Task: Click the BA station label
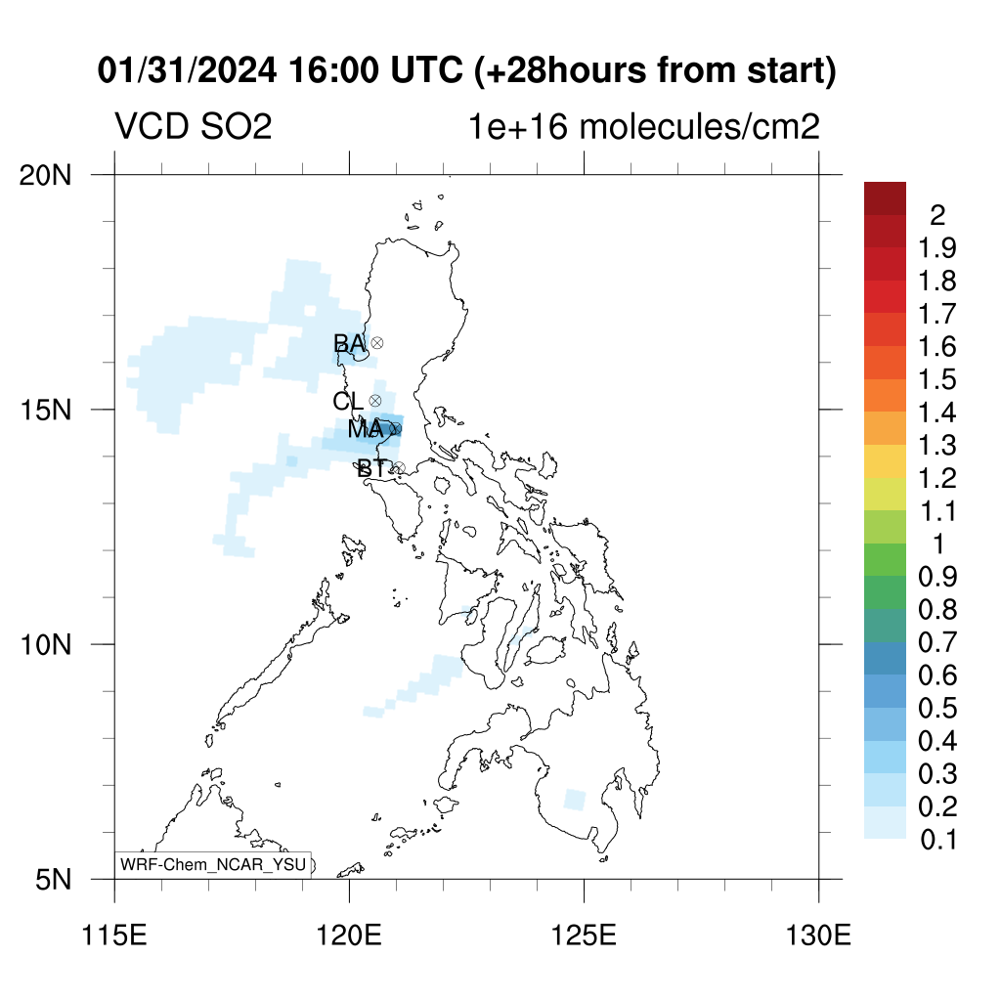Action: point(349,343)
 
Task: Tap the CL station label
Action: point(348,401)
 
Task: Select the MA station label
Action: point(366,429)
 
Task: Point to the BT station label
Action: point(372,468)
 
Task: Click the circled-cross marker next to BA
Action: point(377,343)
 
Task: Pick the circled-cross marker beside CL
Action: point(375,400)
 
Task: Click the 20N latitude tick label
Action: point(45,175)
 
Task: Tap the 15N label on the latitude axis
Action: point(45,410)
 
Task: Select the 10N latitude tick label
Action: point(45,645)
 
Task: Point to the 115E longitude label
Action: point(115,936)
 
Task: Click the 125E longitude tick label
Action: point(585,936)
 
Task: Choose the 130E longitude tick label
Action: point(818,936)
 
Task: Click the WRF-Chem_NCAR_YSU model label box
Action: point(213,865)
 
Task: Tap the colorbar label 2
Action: point(937,215)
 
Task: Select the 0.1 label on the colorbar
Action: point(938,840)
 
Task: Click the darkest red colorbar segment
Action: point(885,198)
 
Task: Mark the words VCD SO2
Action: point(194,126)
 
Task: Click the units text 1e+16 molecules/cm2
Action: point(643,126)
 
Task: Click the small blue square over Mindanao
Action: point(575,800)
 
